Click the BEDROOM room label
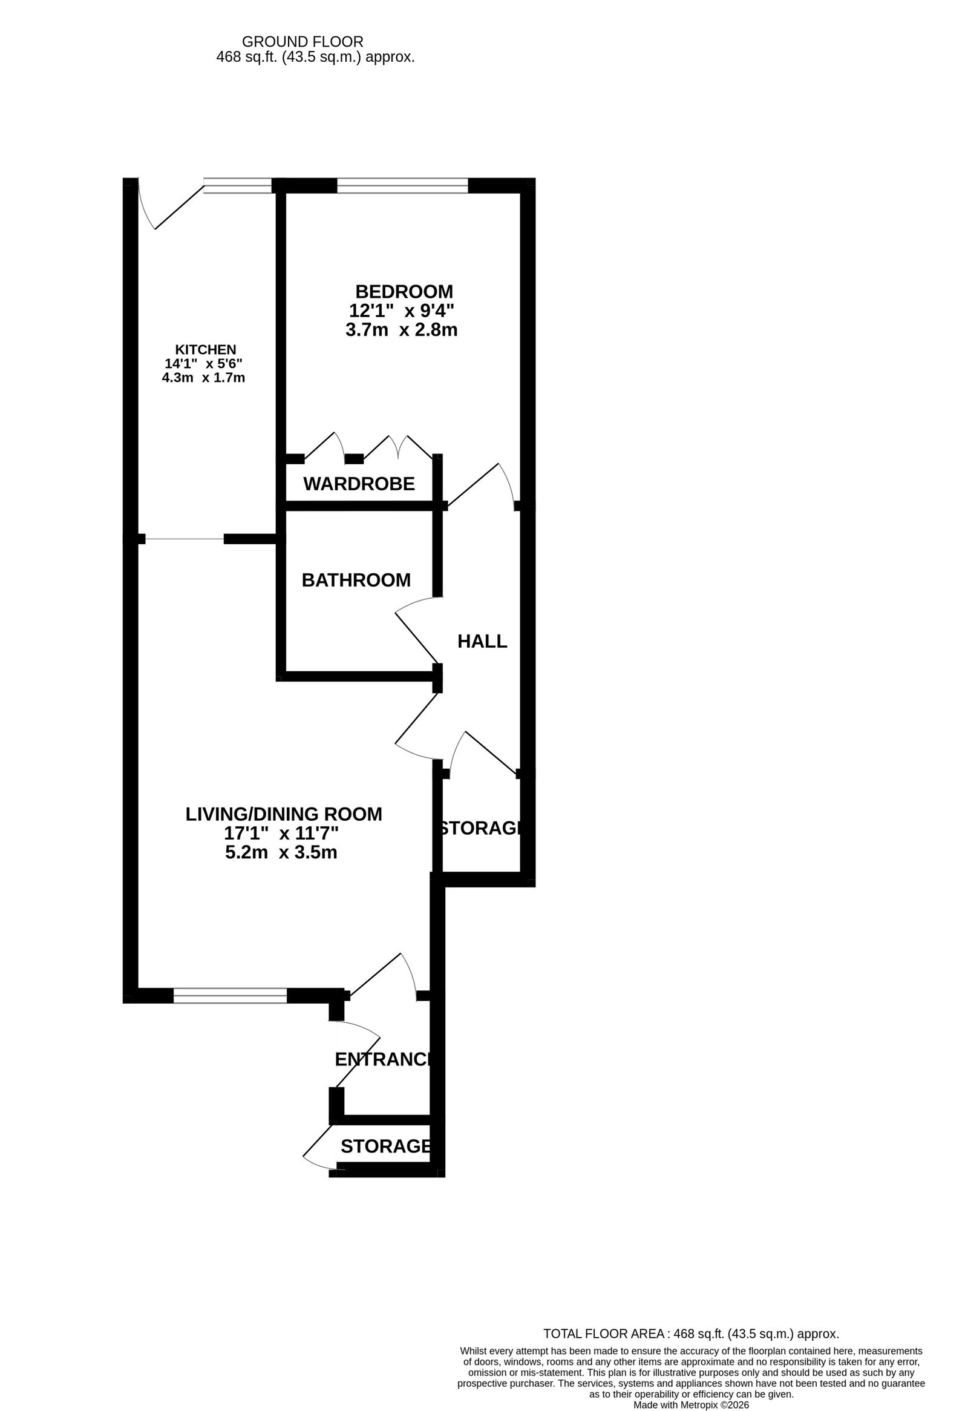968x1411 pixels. click(x=404, y=292)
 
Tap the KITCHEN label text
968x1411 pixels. click(x=206, y=350)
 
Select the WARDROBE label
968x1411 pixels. click(x=359, y=484)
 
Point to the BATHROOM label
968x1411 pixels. click(x=356, y=581)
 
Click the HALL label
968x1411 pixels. click(x=482, y=641)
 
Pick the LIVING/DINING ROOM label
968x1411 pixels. click(x=284, y=814)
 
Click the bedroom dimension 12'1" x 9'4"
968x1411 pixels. click(x=402, y=311)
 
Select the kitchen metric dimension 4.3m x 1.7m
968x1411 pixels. click(x=203, y=378)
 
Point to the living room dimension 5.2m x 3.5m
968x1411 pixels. click(x=281, y=852)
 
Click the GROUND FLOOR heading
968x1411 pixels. click(x=303, y=42)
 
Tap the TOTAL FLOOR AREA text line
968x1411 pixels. click(x=692, y=1334)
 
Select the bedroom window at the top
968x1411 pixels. click(x=402, y=185)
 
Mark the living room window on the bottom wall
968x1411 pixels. click(x=230, y=996)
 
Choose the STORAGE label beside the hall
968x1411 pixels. click(x=479, y=828)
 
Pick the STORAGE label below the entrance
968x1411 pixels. click(x=386, y=1146)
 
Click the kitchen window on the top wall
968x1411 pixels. click(x=237, y=185)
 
